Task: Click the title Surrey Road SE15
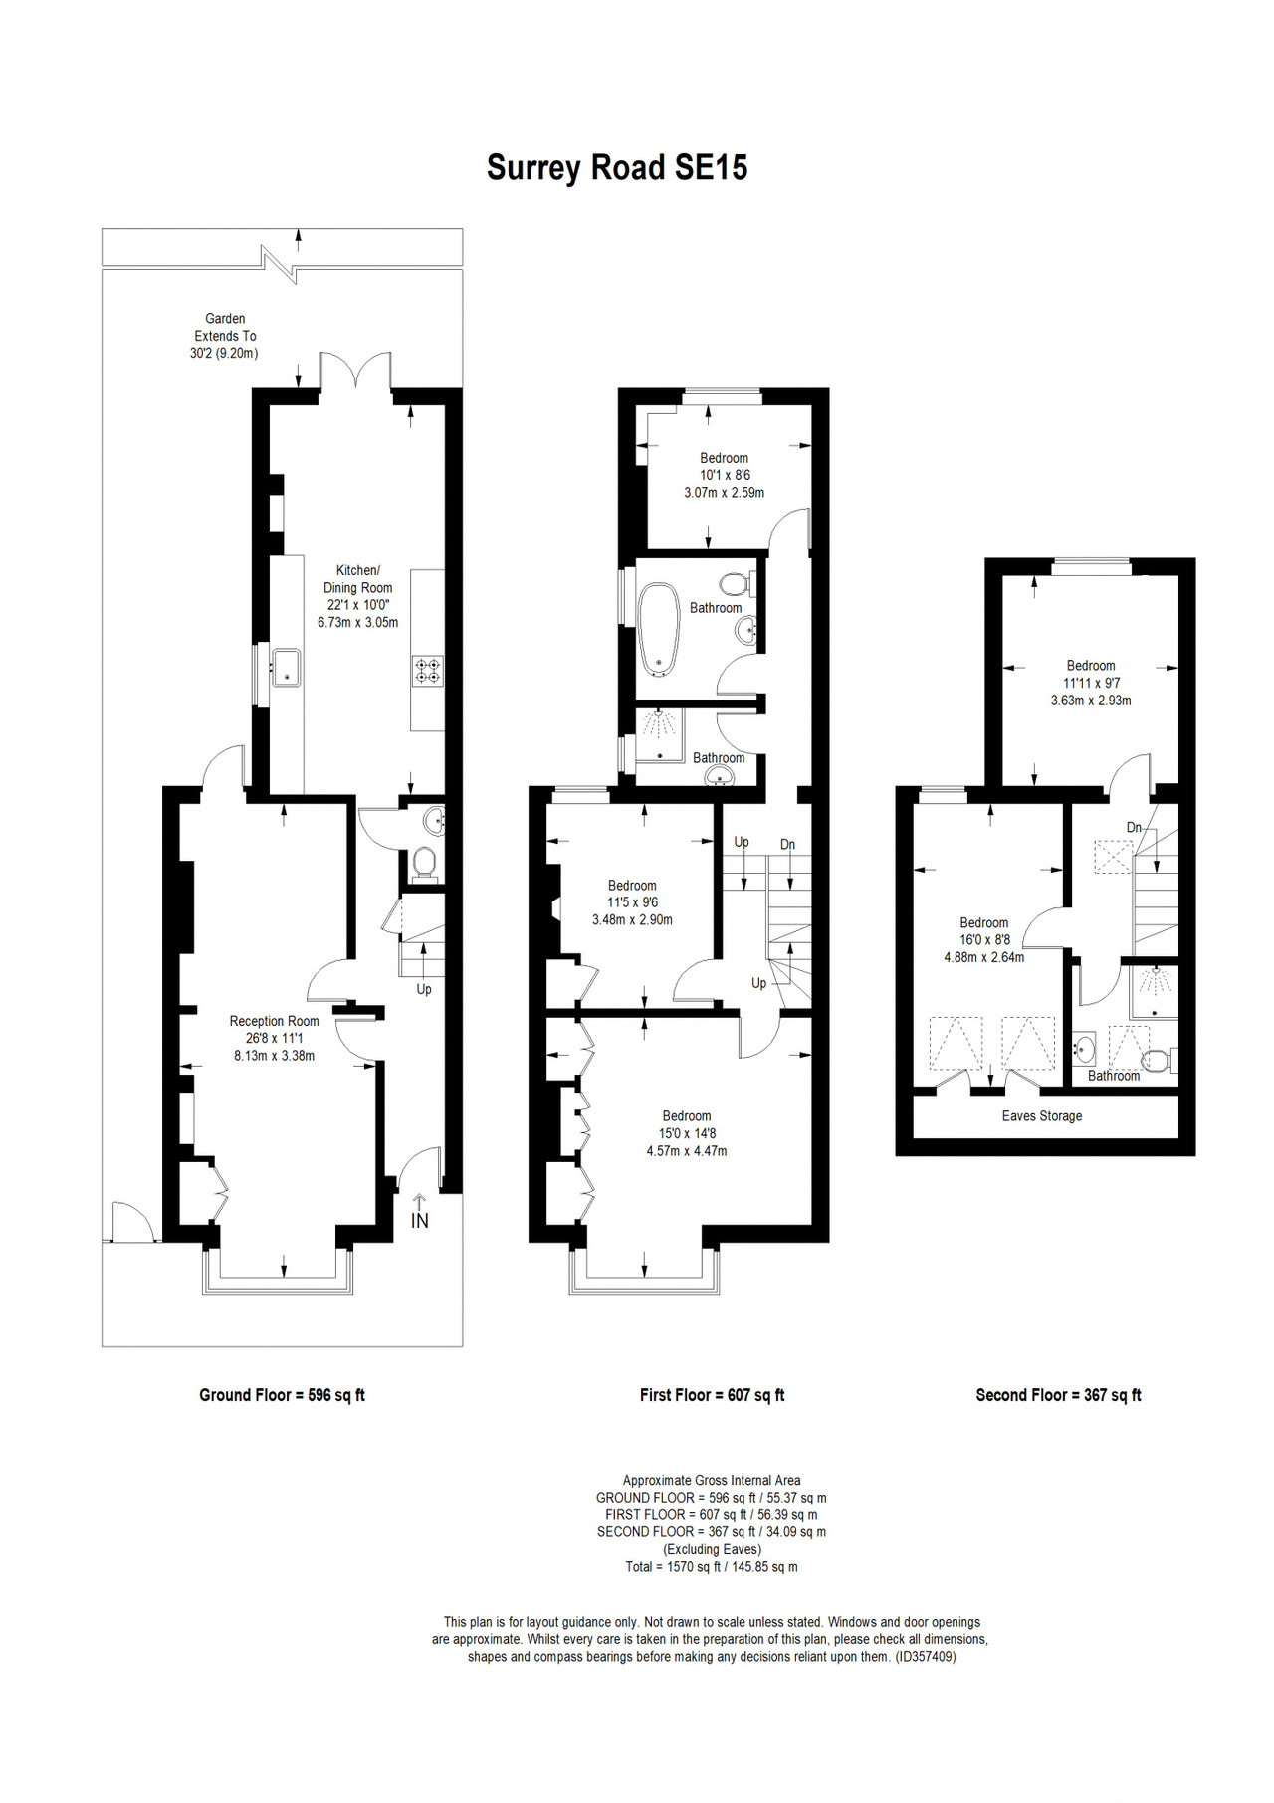(x=617, y=167)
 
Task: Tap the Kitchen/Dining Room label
(x=357, y=596)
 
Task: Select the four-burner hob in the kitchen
(x=429, y=670)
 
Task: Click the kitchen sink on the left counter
(x=287, y=666)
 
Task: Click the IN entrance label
(x=420, y=1220)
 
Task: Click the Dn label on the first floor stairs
(x=787, y=845)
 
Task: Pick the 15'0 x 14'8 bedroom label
(x=687, y=1133)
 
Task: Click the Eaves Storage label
(x=1041, y=1116)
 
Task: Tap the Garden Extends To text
(x=226, y=327)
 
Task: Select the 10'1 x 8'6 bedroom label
(x=724, y=475)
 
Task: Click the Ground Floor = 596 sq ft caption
(x=282, y=1395)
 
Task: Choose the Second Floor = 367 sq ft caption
(x=1058, y=1395)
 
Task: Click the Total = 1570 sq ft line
(x=712, y=1567)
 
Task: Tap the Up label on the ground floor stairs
(x=424, y=990)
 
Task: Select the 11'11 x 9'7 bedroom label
(x=1091, y=683)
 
